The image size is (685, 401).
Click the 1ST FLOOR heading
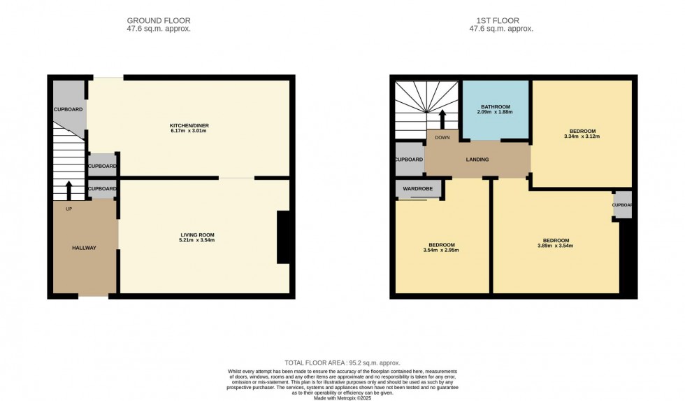coord(500,20)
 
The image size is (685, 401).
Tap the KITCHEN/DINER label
coord(189,126)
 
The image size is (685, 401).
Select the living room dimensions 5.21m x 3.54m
coord(196,240)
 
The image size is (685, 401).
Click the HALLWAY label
coord(84,248)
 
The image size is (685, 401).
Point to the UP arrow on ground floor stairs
coord(68,190)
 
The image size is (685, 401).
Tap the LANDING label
coord(477,160)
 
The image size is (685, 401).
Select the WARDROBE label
coord(418,188)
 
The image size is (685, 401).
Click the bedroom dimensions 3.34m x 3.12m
coord(582,136)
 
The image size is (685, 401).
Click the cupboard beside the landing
coord(410,160)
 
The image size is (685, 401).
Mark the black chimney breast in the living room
coord(284,237)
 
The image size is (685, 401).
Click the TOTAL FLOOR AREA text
coord(342,363)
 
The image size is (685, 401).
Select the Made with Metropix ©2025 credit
coord(342,398)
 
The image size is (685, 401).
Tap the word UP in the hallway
coord(68,209)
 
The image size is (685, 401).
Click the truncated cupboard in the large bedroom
coord(622,205)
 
